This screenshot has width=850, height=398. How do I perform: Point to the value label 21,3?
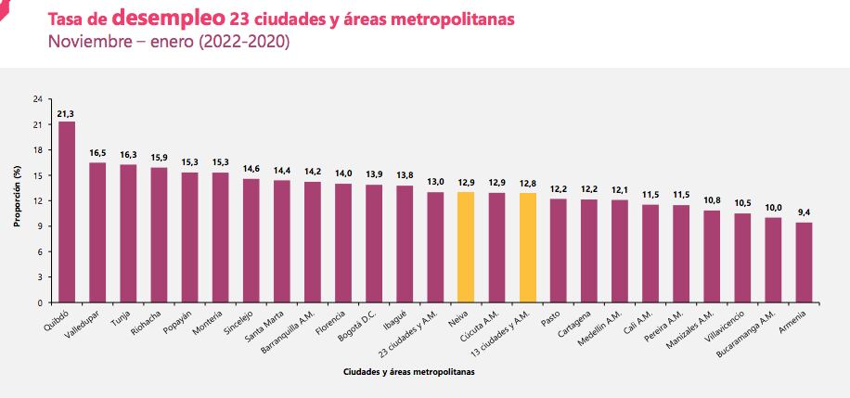[67, 113]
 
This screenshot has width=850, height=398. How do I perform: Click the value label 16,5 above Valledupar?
[97, 153]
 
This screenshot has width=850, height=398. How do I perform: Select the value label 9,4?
[804, 213]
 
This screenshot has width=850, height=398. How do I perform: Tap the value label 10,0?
[773, 209]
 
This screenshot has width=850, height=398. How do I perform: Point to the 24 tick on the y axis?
[37, 99]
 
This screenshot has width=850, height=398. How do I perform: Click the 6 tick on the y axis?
[39, 251]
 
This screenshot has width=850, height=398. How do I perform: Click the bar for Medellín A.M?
[620, 250]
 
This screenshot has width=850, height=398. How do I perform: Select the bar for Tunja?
[128, 233]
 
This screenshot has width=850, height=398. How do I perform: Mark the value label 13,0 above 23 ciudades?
[435, 183]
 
